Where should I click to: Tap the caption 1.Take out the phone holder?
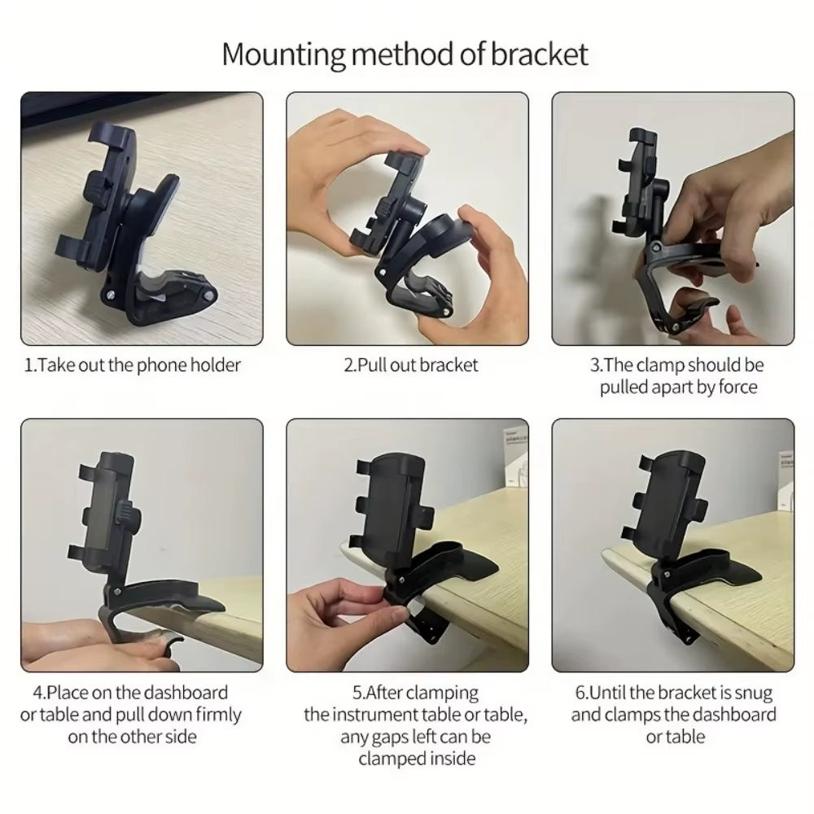coord(133,365)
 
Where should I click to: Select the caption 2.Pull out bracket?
coord(411,365)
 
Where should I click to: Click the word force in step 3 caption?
coord(737,387)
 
